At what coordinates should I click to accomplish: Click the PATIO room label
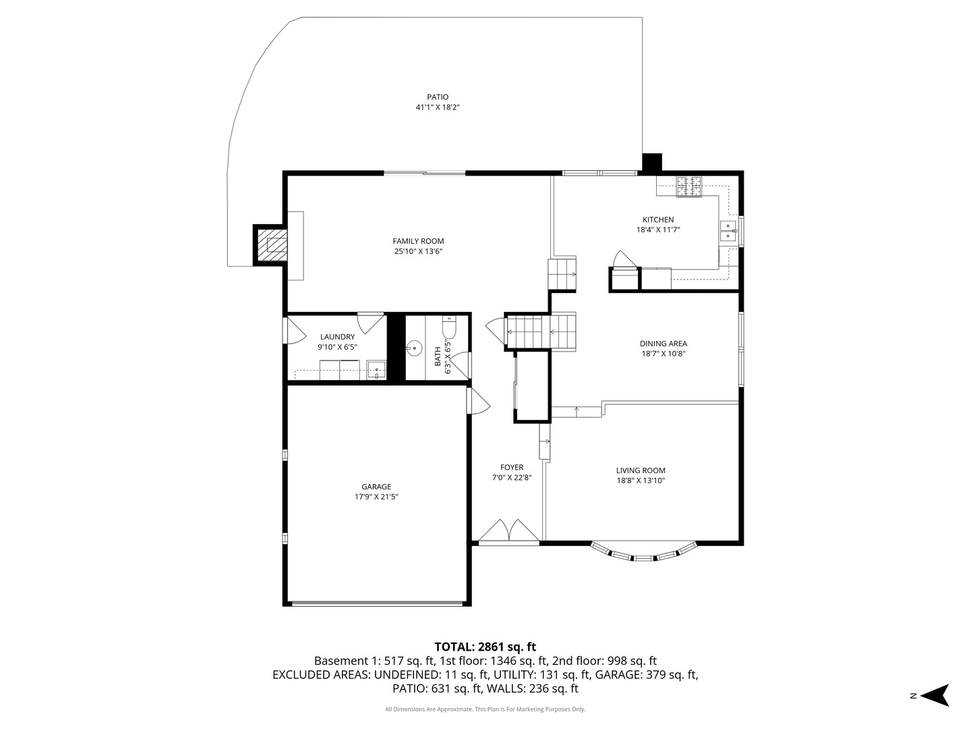point(437,97)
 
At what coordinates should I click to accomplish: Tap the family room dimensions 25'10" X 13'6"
point(418,252)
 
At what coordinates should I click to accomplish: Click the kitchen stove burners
point(688,186)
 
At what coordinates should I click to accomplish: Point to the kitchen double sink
point(728,231)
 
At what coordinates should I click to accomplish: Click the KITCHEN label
point(657,220)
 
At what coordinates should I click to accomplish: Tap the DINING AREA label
point(663,344)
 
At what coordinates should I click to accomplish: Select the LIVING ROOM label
point(640,471)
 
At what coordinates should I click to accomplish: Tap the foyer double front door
point(508,531)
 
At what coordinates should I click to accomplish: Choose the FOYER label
point(511,467)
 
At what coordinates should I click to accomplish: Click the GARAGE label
point(376,487)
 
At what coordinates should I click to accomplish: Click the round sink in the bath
point(413,348)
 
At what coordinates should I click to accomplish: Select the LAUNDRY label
point(337,337)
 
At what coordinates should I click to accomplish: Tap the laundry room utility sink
point(376,369)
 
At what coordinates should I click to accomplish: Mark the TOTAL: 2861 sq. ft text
point(485,647)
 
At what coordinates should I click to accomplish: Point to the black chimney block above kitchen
point(651,163)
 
